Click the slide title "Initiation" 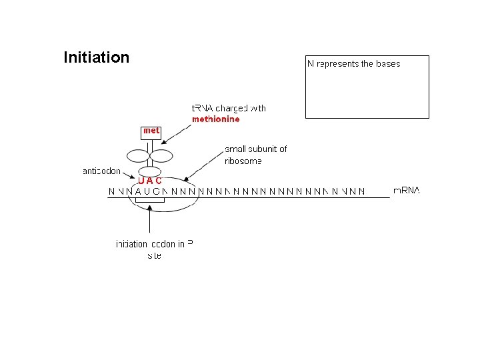(96, 57)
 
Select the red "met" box (151, 131)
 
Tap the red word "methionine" (215, 119)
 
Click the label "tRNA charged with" (229, 108)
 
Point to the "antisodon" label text (101, 171)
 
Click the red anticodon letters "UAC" (149, 181)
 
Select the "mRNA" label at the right (407, 191)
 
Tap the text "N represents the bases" (353, 64)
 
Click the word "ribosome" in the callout (243, 161)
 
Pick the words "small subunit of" (255, 149)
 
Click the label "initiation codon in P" (154, 244)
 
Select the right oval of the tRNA (161, 156)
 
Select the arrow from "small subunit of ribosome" (203, 167)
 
